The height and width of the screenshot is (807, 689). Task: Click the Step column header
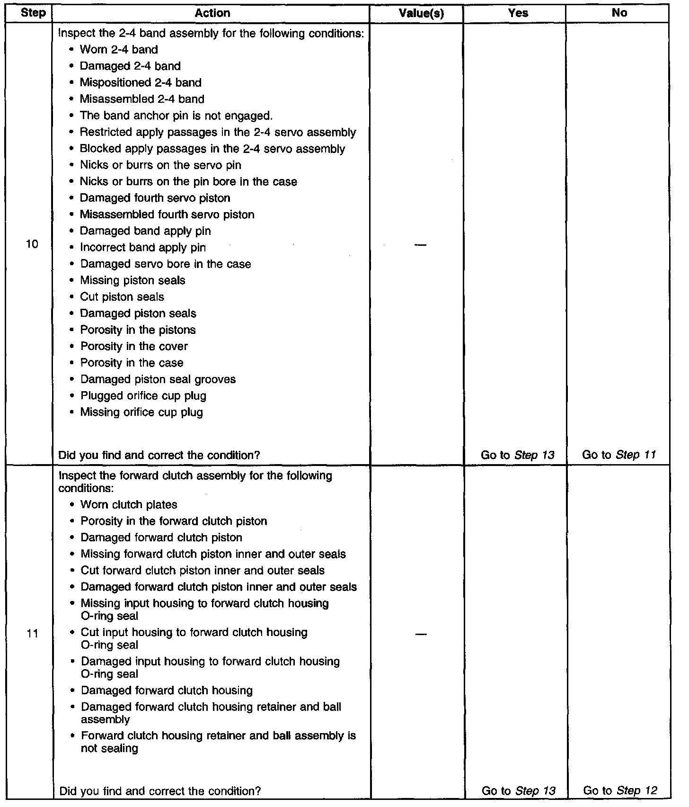click(x=33, y=13)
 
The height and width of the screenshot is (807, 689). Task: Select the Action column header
click(x=212, y=13)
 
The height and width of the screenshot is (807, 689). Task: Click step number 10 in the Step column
click(x=32, y=244)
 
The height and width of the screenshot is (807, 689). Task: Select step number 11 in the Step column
click(x=32, y=634)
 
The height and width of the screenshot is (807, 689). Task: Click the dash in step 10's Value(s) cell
click(x=420, y=244)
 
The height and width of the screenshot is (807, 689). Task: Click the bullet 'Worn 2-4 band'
click(x=119, y=50)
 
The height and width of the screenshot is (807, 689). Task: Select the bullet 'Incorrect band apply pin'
click(x=143, y=248)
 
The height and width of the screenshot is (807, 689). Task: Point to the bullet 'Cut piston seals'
click(x=122, y=297)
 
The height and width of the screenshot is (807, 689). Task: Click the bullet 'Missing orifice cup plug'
click(x=141, y=412)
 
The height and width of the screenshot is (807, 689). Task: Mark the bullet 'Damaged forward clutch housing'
click(x=167, y=690)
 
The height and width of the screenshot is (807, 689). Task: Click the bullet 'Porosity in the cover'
click(x=134, y=347)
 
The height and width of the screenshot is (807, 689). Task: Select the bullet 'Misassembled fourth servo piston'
click(x=167, y=215)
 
